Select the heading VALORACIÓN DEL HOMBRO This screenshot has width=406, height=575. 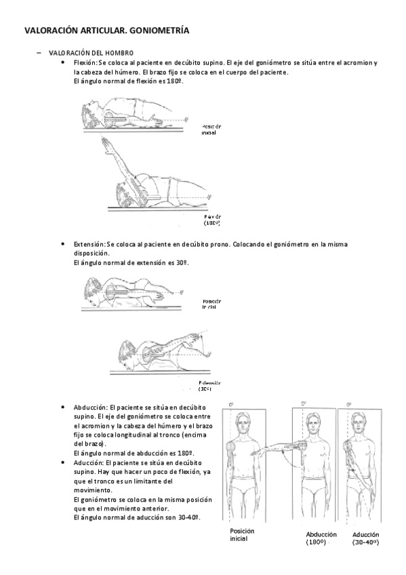click(86, 53)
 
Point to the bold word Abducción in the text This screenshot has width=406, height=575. click(90, 407)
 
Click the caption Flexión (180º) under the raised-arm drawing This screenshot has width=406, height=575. click(213, 218)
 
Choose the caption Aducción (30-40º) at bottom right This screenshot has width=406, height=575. click(365, 538)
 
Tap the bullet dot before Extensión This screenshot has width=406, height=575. click(62, 243)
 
